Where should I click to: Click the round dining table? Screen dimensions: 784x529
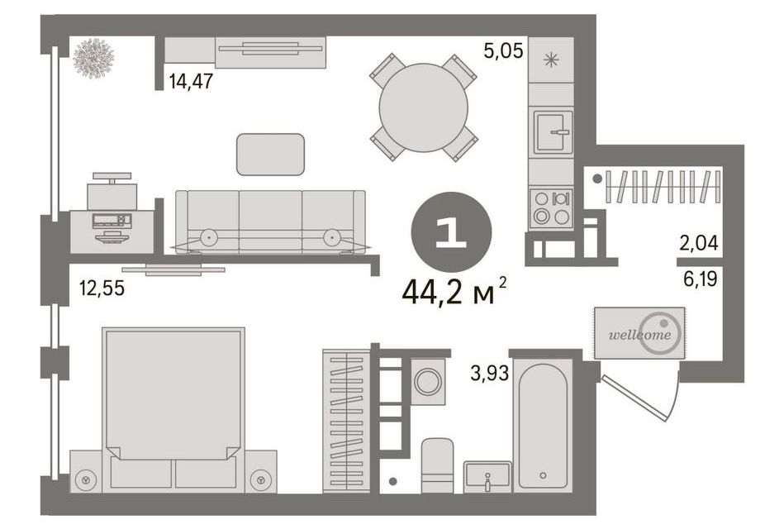click(x=423, y=107)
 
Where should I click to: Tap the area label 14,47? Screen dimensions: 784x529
click(x=191, y=81)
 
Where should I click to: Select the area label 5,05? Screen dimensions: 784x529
click(x=503, y=50)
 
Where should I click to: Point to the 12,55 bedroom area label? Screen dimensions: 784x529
click(x=102, y=288)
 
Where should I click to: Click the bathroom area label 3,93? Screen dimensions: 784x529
click(x=490, y=373)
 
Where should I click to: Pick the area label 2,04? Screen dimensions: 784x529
click(x=699, y=243)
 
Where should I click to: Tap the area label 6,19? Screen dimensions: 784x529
click(x=700, y=279)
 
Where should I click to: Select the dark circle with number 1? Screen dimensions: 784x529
click(x=451, y=232)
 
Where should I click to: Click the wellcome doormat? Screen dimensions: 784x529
click(x=639, y=333)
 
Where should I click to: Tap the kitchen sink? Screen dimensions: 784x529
click(x=553, y=132)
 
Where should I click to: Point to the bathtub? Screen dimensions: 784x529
click(x=543, y=426)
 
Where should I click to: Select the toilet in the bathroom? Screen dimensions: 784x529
click(x=437, y=465)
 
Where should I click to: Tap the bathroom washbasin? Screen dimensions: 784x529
click(x=487, y=474)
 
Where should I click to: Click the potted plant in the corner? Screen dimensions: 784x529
click(x=93, y=59)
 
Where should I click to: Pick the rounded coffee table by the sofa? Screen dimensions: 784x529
click(x=270, y=154)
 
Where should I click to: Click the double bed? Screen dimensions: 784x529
click(x=173, y=407)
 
